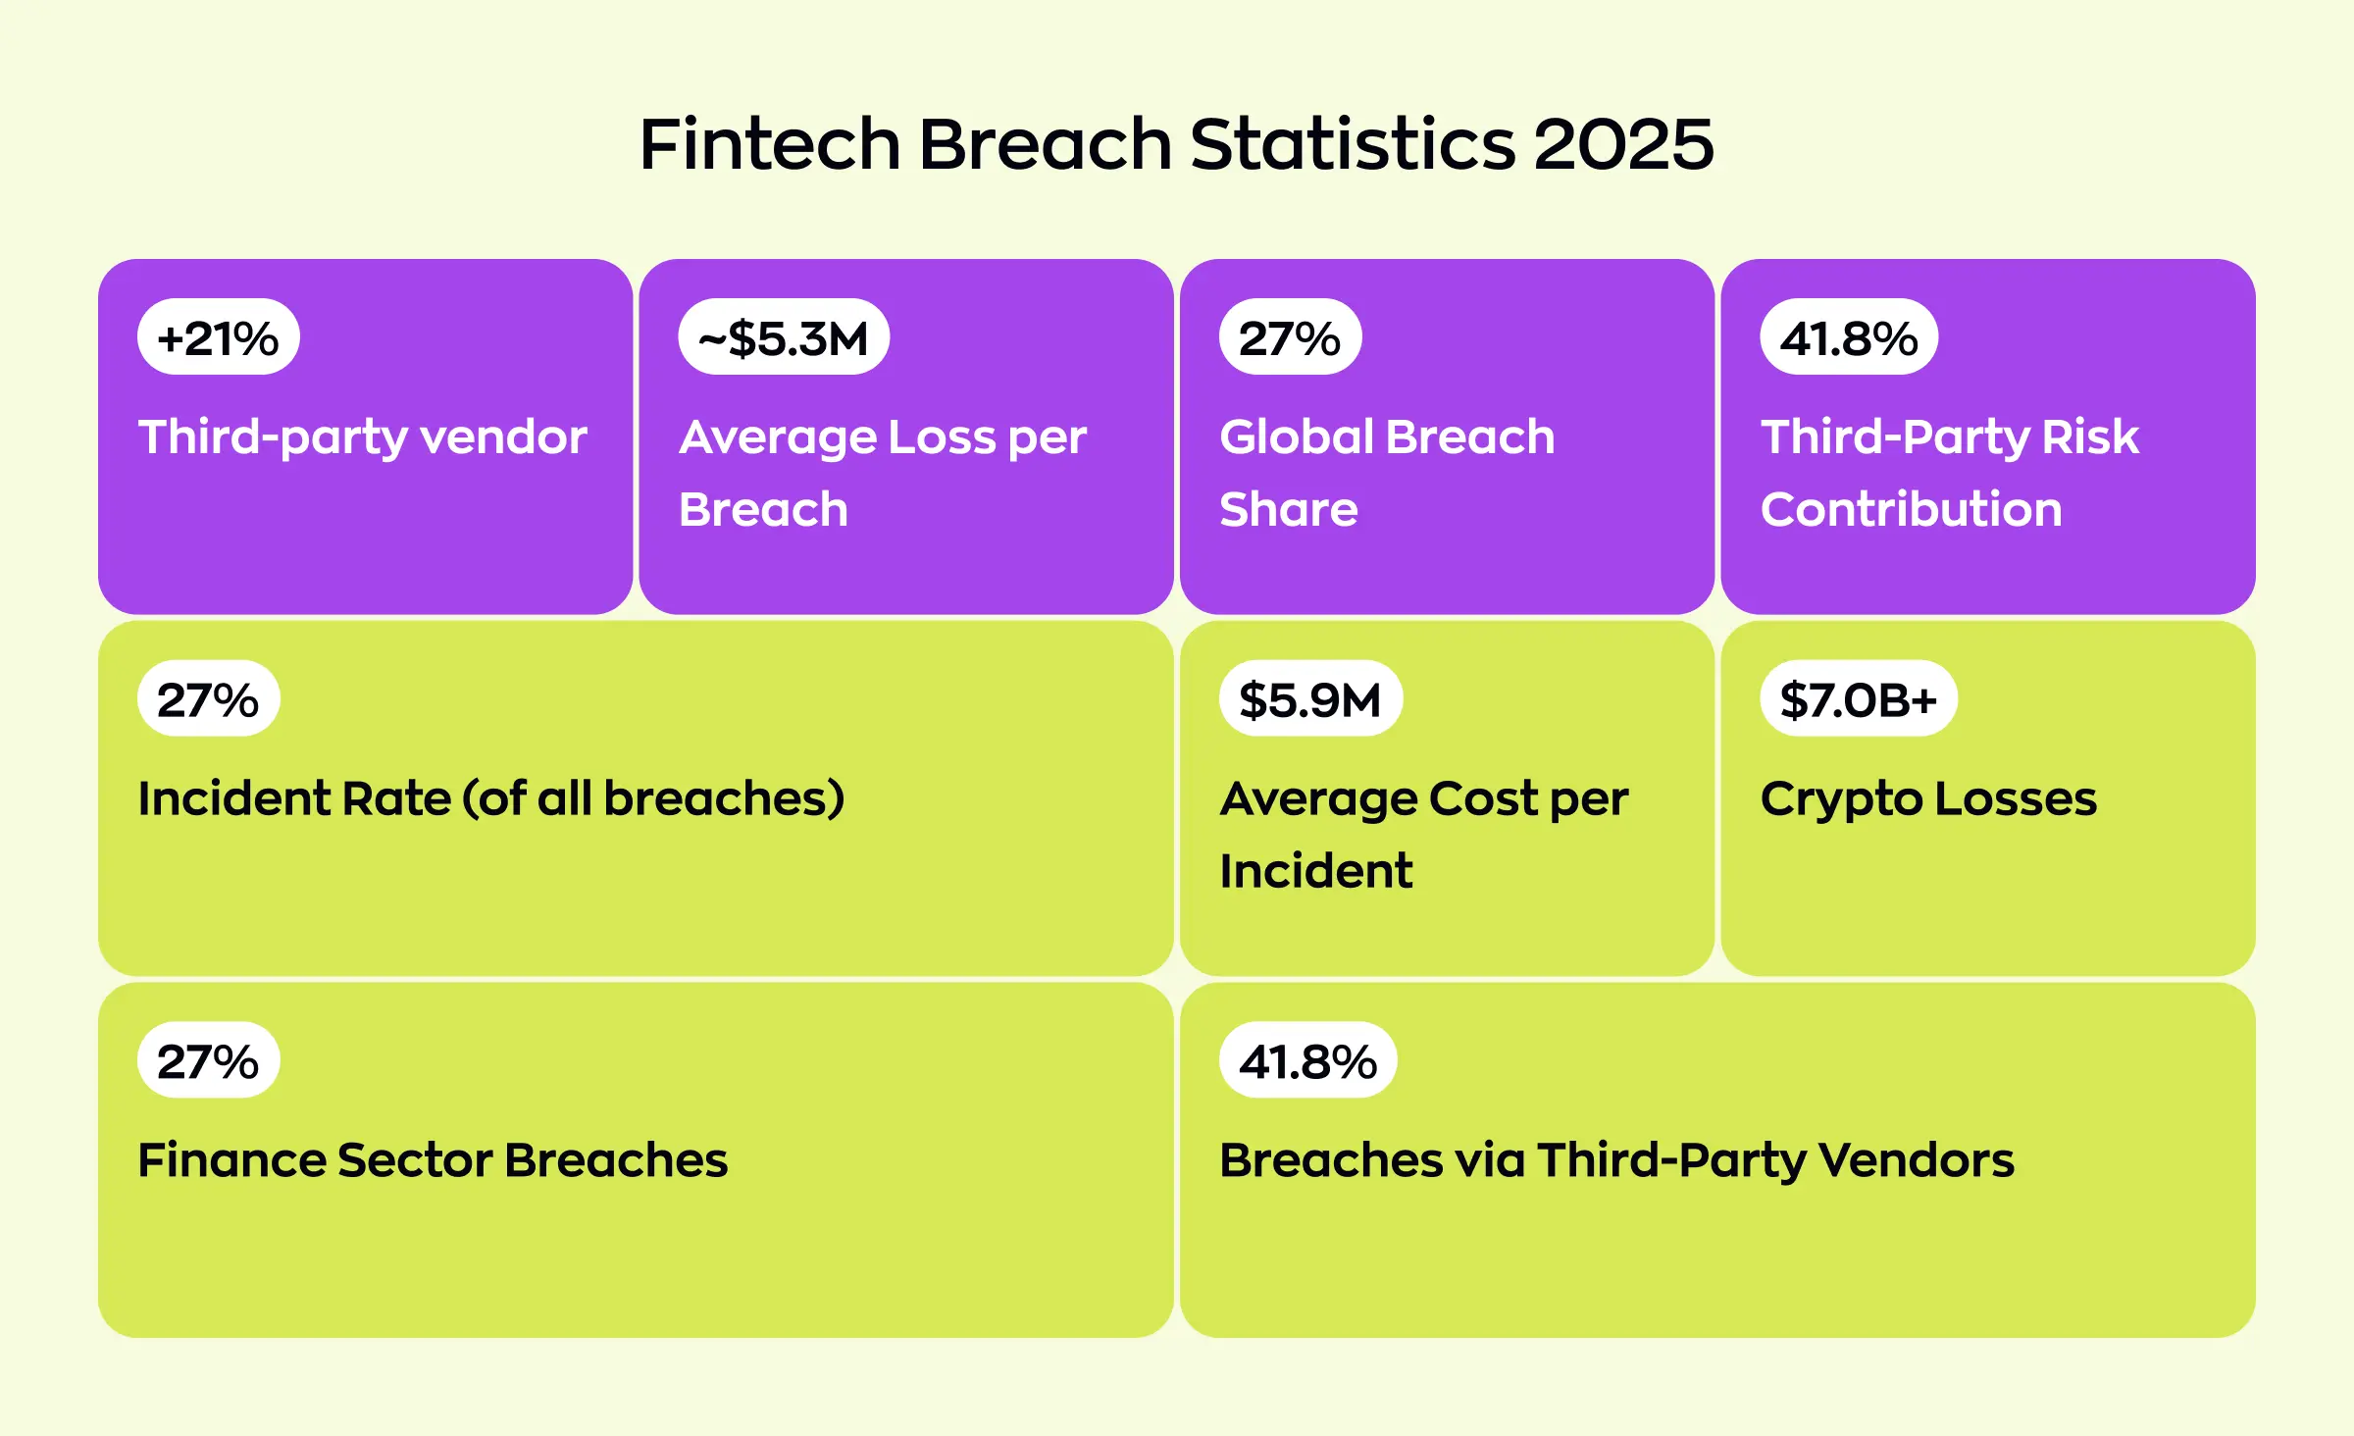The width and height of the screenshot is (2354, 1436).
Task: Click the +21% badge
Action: tap(218, 337)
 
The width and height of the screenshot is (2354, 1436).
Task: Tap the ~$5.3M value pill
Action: tap(783, 337)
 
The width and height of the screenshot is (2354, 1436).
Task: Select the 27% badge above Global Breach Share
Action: tap(1289, 337)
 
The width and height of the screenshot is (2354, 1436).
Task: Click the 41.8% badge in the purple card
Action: tap(1848, 337)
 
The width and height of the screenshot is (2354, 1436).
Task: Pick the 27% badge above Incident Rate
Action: tap(208, 699)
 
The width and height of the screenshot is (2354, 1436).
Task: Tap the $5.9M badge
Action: tap(1309, 699)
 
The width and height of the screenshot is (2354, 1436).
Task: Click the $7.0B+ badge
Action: tap(1858, 699)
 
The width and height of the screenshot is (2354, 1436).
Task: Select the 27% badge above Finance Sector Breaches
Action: tap(208, 1060)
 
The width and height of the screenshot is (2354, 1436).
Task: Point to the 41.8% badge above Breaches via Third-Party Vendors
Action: tap(1307, 1060)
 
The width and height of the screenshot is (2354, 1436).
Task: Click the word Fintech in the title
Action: tap(769, 144)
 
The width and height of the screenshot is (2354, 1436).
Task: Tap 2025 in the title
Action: tap(1622, 144)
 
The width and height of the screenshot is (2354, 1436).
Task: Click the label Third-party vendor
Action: tap(362, 437)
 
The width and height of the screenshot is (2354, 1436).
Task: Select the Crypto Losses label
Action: tap(1927, 798)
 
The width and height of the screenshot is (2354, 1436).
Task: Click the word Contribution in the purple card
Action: tap(1910, 509)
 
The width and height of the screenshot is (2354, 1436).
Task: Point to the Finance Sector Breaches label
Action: tap(433, 1160)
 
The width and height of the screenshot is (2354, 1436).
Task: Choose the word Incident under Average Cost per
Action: tap(1315, 871)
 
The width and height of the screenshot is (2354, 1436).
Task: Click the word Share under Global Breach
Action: tap(1288, 509)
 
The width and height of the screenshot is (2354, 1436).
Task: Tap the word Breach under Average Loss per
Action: tap(763, 509)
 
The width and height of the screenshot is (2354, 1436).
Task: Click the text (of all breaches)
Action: tap(653, 798)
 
